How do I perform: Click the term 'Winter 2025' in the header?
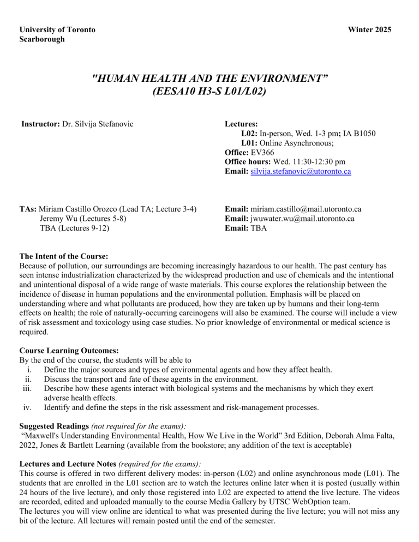click(x=368, y=29)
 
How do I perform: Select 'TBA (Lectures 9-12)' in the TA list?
click(x=74, y=228)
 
